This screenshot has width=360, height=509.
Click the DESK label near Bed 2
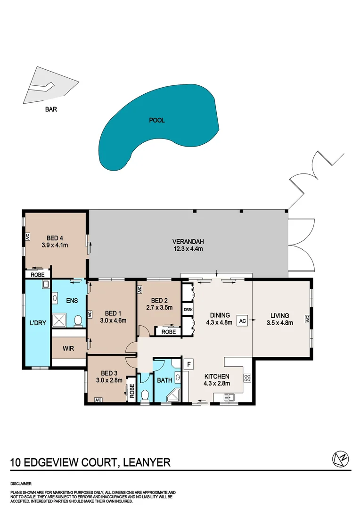click(188, 310)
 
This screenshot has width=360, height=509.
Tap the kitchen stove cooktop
click(247, 378)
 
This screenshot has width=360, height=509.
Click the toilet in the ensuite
click(78, 321)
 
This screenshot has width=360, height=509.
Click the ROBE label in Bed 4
click(38, 274)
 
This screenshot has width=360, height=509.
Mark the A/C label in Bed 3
click(98, 400)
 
